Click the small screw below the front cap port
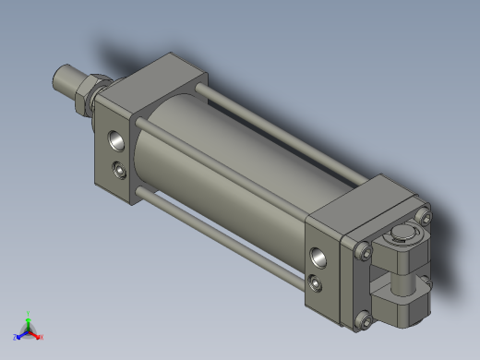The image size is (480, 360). pyautogui.click(x=119, y=169)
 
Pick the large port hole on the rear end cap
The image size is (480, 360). pyautogui.click(x=319, y=256)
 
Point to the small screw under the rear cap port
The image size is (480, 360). pyautogui.click(x=317, y=282)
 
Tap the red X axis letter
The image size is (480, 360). pyautogui.click(x=42, y=337)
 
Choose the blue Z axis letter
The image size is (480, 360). pyautogui.click(x=16, y=337)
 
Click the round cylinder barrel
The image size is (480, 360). pyautogui.click(x=231, y=166)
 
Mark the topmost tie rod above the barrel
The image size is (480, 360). pyautogui.click(x=277, y=129)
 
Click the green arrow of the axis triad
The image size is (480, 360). pyautogui.click(x=29, y=322)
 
